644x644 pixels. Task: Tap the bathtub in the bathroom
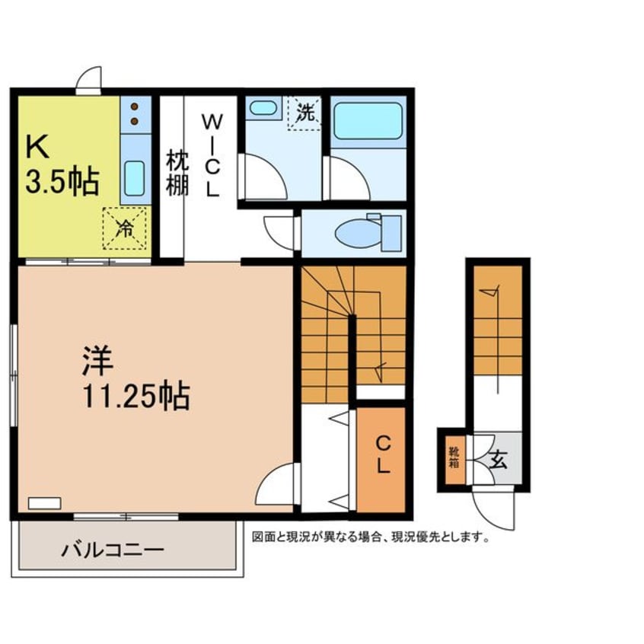368,121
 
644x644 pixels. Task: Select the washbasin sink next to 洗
263,107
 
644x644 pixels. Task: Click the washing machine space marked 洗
304,113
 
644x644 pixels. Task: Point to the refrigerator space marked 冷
124,228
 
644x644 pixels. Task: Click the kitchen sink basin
134,178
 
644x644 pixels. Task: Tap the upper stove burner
134,107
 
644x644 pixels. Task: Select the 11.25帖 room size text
136,397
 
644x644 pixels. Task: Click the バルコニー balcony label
113,550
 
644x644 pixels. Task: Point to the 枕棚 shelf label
177,174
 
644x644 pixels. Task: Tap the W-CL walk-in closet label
212,155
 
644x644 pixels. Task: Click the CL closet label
383,454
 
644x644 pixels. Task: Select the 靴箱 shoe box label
454,457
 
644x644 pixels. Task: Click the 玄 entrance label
498,460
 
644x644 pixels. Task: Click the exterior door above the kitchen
88,81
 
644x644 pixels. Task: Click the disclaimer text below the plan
371,537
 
